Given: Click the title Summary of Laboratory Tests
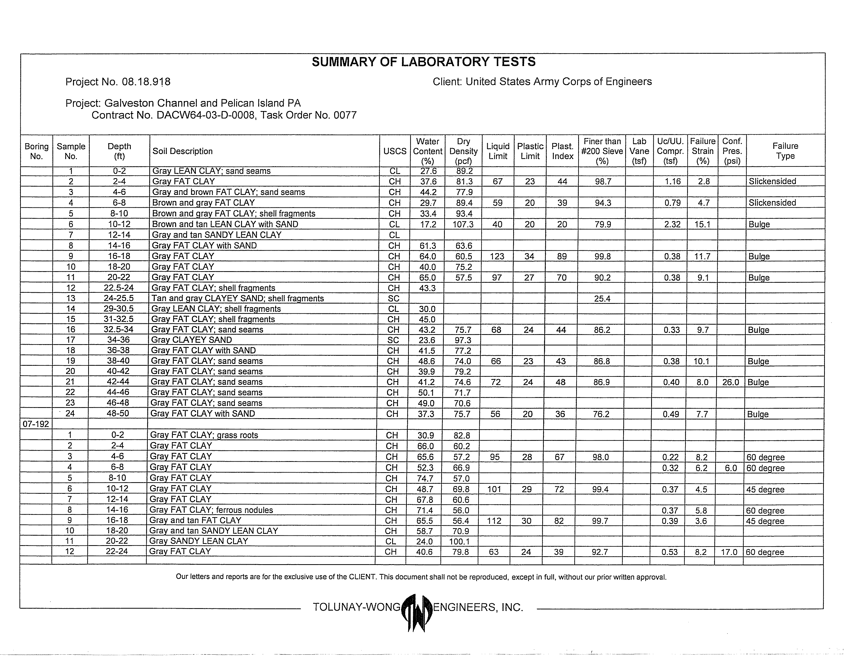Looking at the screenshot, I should click(x=423, y=62).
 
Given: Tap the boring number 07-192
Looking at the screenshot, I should click(x=36, y=424).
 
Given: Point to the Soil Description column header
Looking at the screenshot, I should click(x=182, y=151).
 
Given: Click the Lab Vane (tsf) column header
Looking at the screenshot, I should click(x=639, y=151).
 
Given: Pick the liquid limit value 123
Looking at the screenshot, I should click(x=497, y=256).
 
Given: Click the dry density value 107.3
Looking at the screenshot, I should click(x=463, y=224).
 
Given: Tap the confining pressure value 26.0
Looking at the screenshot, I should click(x=730, y=382).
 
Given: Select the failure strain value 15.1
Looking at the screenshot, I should click(x=702, y=224).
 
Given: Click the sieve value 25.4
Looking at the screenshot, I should click(x=602, y=299).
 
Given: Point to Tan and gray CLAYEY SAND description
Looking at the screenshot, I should click(x=237, y=298).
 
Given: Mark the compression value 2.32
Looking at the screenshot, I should click(x=672, y=224).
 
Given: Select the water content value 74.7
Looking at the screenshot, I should click(x=425, y=478).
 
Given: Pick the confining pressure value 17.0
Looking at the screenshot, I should click(x=729, y=552).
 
